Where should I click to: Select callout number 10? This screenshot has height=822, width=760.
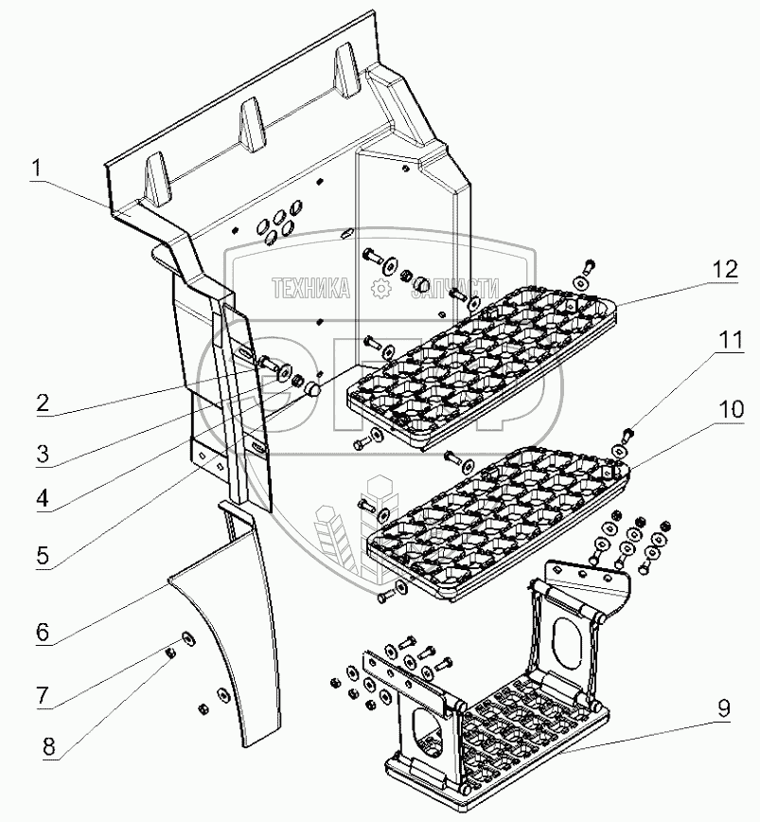coord(731,411)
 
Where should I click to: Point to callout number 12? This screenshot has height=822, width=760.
coord(723,269)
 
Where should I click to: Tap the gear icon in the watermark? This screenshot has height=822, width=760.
coord(381,289)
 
